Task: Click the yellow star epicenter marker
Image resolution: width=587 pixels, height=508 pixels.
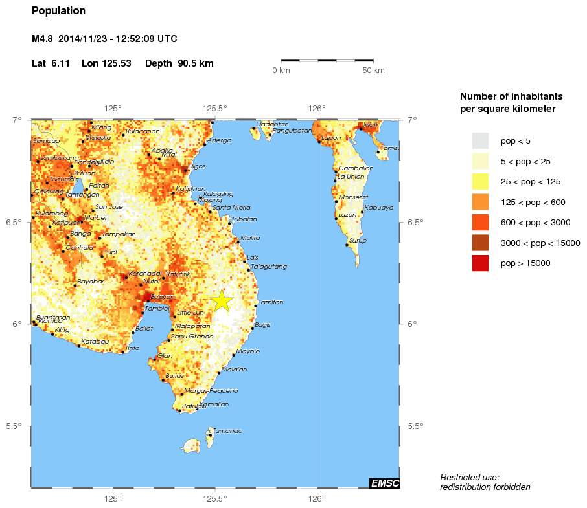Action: tap(222, 300)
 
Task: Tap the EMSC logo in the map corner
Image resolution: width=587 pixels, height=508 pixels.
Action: tap(384, 483)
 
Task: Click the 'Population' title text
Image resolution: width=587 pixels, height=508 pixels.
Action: tap(58, 11)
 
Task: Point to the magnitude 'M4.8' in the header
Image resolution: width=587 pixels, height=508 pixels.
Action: tap(43, 39)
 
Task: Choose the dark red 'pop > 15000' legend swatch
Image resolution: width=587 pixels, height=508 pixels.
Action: tap(480, 263)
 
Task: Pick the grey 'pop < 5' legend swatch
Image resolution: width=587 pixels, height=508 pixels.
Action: tap(480, 140)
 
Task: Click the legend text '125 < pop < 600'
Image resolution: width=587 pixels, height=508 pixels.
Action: tap(533, 202)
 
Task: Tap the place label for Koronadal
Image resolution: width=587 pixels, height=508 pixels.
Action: tap(144, 274)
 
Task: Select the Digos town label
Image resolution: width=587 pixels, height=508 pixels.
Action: tap(196, 166)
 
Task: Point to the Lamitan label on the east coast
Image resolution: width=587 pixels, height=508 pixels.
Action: tap(270, 302)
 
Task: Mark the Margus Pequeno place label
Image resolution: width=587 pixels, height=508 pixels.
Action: tap(211, 391)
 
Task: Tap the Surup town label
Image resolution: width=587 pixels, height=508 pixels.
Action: tap(358, 241)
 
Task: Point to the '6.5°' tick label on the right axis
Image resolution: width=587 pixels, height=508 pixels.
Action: tap(417, 223)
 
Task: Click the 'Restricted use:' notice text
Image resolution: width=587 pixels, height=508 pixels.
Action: tap(470, 477)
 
